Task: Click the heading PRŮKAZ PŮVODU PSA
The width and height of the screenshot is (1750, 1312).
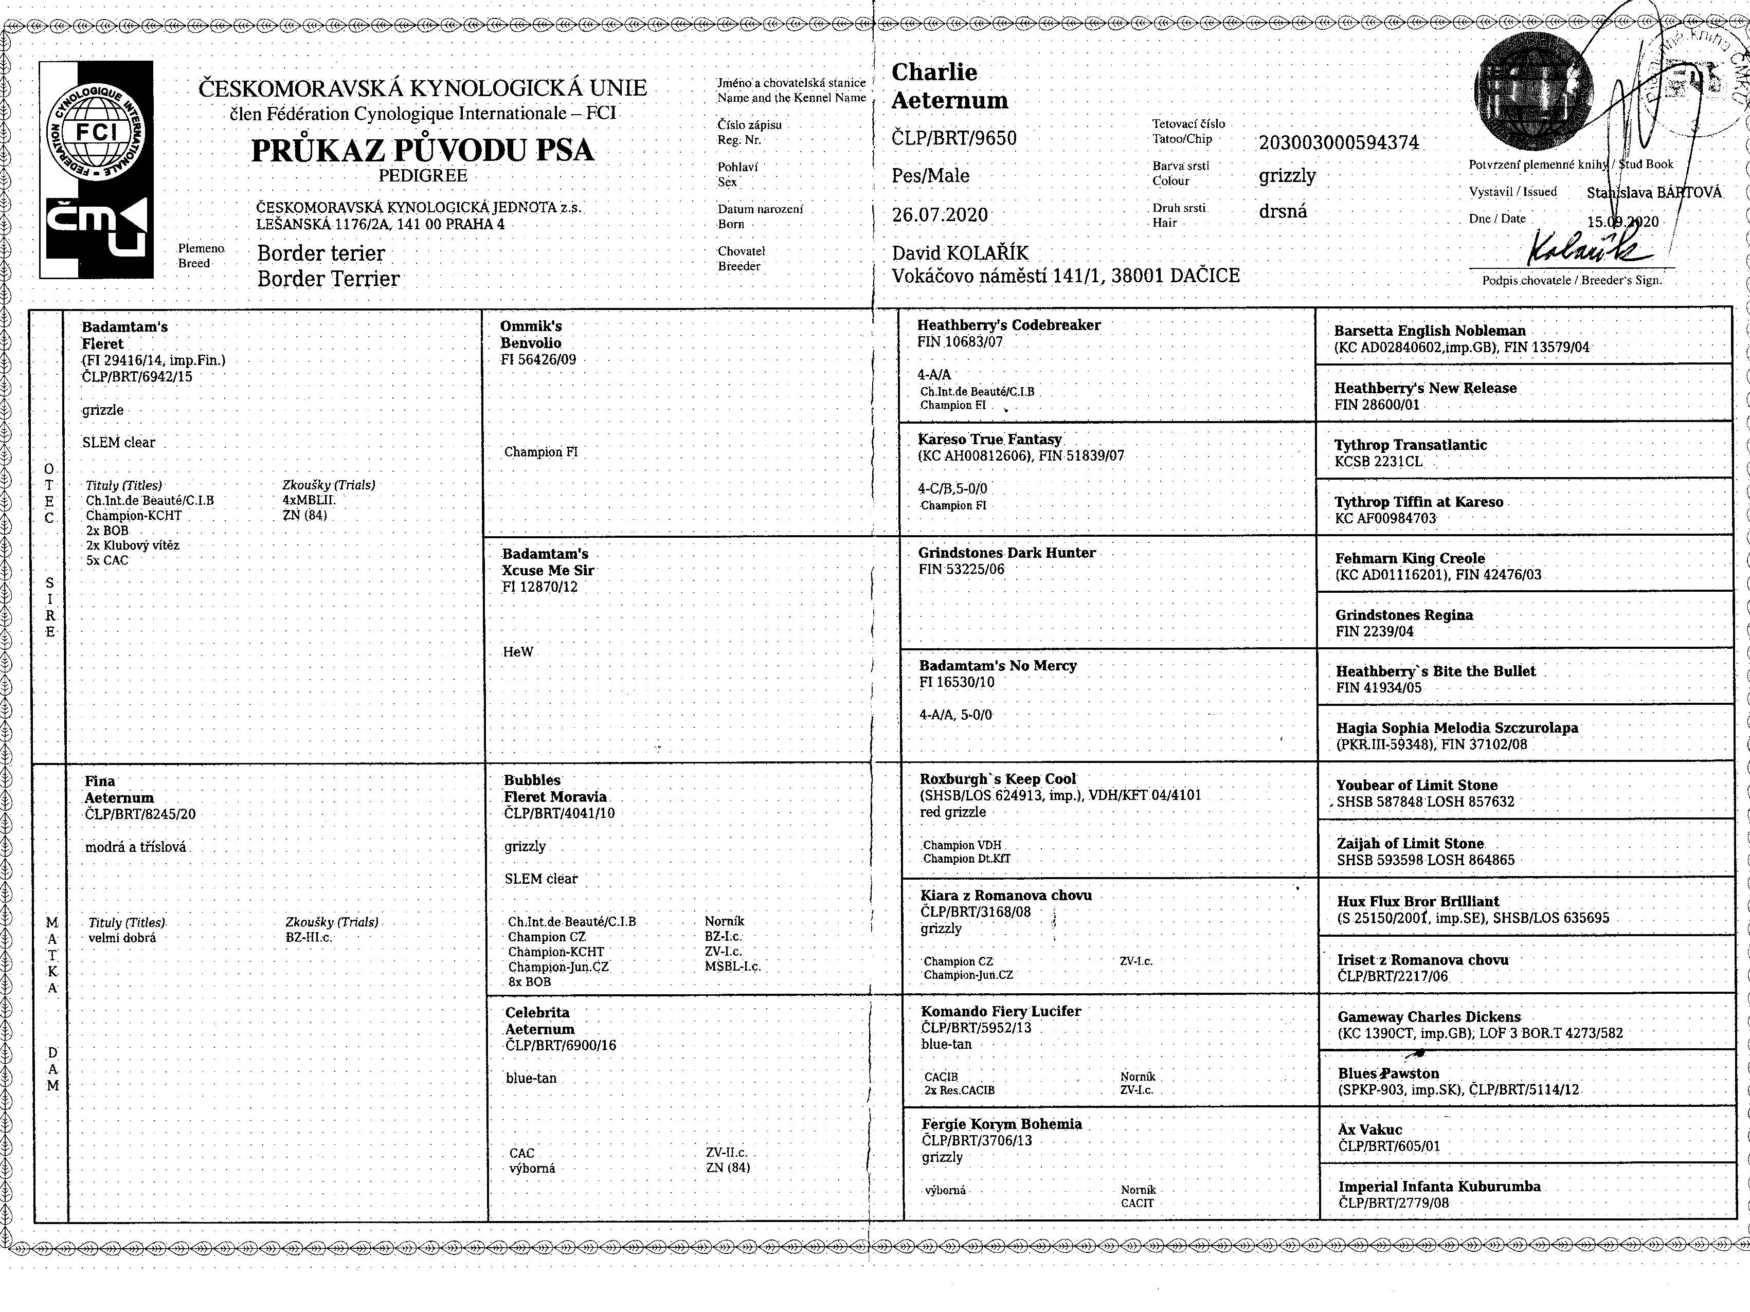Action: pyautogui.click(x=423, y=150)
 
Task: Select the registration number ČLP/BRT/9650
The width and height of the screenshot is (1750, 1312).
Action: pyautogui.click(x=953, y=138)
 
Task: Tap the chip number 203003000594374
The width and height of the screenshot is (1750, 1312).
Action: pyautogui.click(x=1339, y=143)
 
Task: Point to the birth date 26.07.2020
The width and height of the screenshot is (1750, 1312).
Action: pyautogui.click(x=940, y=215)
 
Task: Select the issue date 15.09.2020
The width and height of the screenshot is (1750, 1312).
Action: pyautogui.click(x=1622, y=222)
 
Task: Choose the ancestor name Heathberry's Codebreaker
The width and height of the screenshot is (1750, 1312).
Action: pyautogui.click(x=1008, y=325)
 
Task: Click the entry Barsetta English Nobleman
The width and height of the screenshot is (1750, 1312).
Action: pyautogui.click(x=1430, y=331)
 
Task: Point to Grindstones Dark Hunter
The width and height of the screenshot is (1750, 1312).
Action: pyautogui.click(x=1006, y=553)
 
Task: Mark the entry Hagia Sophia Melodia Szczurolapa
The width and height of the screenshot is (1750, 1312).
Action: pyautogui.click(x=1456, y=727)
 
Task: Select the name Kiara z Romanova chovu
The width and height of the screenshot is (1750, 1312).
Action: pyautogui.click(x=1005, y=895)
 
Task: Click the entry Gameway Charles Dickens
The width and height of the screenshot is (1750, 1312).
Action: pyautogui.click(x=1429, y=1017)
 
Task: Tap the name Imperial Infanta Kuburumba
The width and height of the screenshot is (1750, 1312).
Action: pyautogui.click(x=1439, y=1186)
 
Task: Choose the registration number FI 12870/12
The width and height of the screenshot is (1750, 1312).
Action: pyautogui.click(x=539, y=587)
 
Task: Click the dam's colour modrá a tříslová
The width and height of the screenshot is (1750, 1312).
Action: pyautogui.click(x=135, y=847)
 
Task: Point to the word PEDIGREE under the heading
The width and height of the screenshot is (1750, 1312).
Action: pyautogui.click(x=423, y=175)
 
